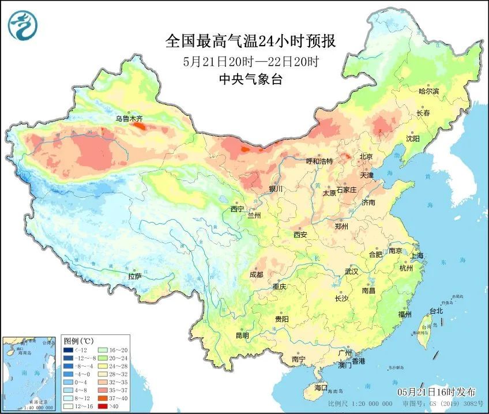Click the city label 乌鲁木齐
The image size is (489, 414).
[x=128, y=119]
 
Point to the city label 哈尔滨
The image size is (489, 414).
[x=428, y=91]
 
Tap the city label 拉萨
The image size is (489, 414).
[x=134, y=276]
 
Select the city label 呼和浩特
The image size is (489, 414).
[x=319, y=161]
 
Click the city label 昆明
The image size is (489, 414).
[x=242, y=335]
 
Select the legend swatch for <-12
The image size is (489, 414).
[x=69, y=349]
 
